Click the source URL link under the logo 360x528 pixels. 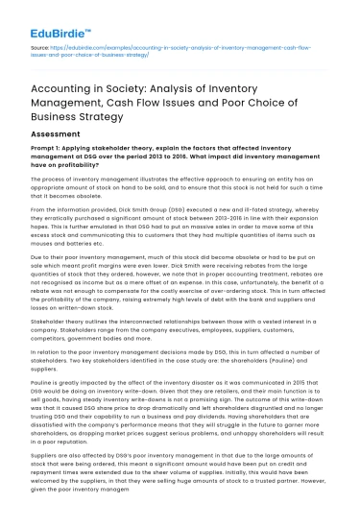173,49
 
